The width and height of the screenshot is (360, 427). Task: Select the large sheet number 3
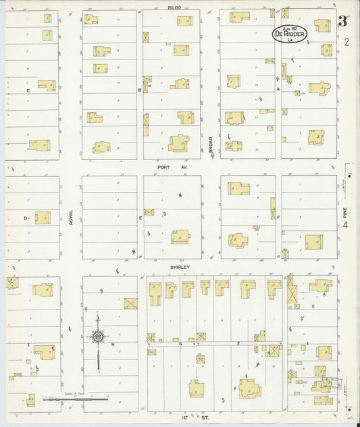coord(342,21)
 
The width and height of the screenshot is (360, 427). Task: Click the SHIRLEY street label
coord(178,267)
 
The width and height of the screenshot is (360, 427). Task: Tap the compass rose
coord(98,336)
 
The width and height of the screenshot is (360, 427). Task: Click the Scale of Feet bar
coord(74,399)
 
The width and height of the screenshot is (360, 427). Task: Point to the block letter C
coord(28,90)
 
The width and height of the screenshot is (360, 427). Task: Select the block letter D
coord(26,218)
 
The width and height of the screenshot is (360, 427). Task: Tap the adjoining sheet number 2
coord(346,43)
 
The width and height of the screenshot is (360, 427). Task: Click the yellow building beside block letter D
coord(43,218)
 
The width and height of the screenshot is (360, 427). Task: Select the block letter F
coord(278,218)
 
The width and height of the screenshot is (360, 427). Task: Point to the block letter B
coord(139,90)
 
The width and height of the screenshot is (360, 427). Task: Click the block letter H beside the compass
coord(113,343)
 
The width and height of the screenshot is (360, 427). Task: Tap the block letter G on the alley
coord(180,343)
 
